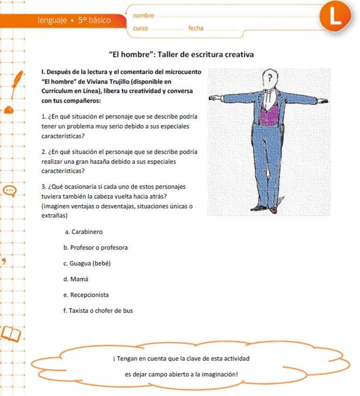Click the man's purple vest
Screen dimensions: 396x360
269,113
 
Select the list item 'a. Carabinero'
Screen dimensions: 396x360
83,232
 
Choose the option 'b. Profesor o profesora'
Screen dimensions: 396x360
95,247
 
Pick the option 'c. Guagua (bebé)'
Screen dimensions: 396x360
86,263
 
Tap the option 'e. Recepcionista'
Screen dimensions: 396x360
86,295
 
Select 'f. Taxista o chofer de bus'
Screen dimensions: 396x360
98,310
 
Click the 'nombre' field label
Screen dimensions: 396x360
144,16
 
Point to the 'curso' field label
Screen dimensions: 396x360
140,28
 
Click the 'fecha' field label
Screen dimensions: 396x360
196,28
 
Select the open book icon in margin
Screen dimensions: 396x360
11,333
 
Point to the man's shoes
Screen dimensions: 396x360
265,208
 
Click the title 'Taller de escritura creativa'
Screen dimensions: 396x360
205,54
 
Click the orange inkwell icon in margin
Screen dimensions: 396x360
9,109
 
